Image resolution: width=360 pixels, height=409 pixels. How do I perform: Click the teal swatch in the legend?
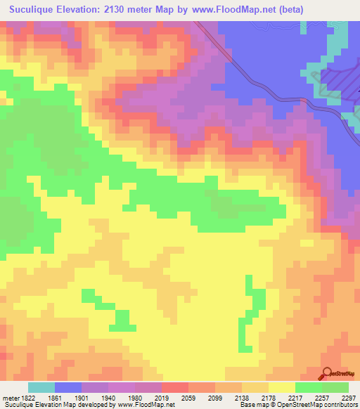pyautogui.click(x=41, y=387)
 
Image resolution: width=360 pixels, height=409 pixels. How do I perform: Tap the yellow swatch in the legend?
pyautogui.click(x=281, y=387)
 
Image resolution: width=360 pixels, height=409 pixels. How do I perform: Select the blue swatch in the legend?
pyautogui.click(x=68, y=387)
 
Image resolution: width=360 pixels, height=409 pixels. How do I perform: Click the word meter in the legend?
pyautogui.click(x=9, y=397)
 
